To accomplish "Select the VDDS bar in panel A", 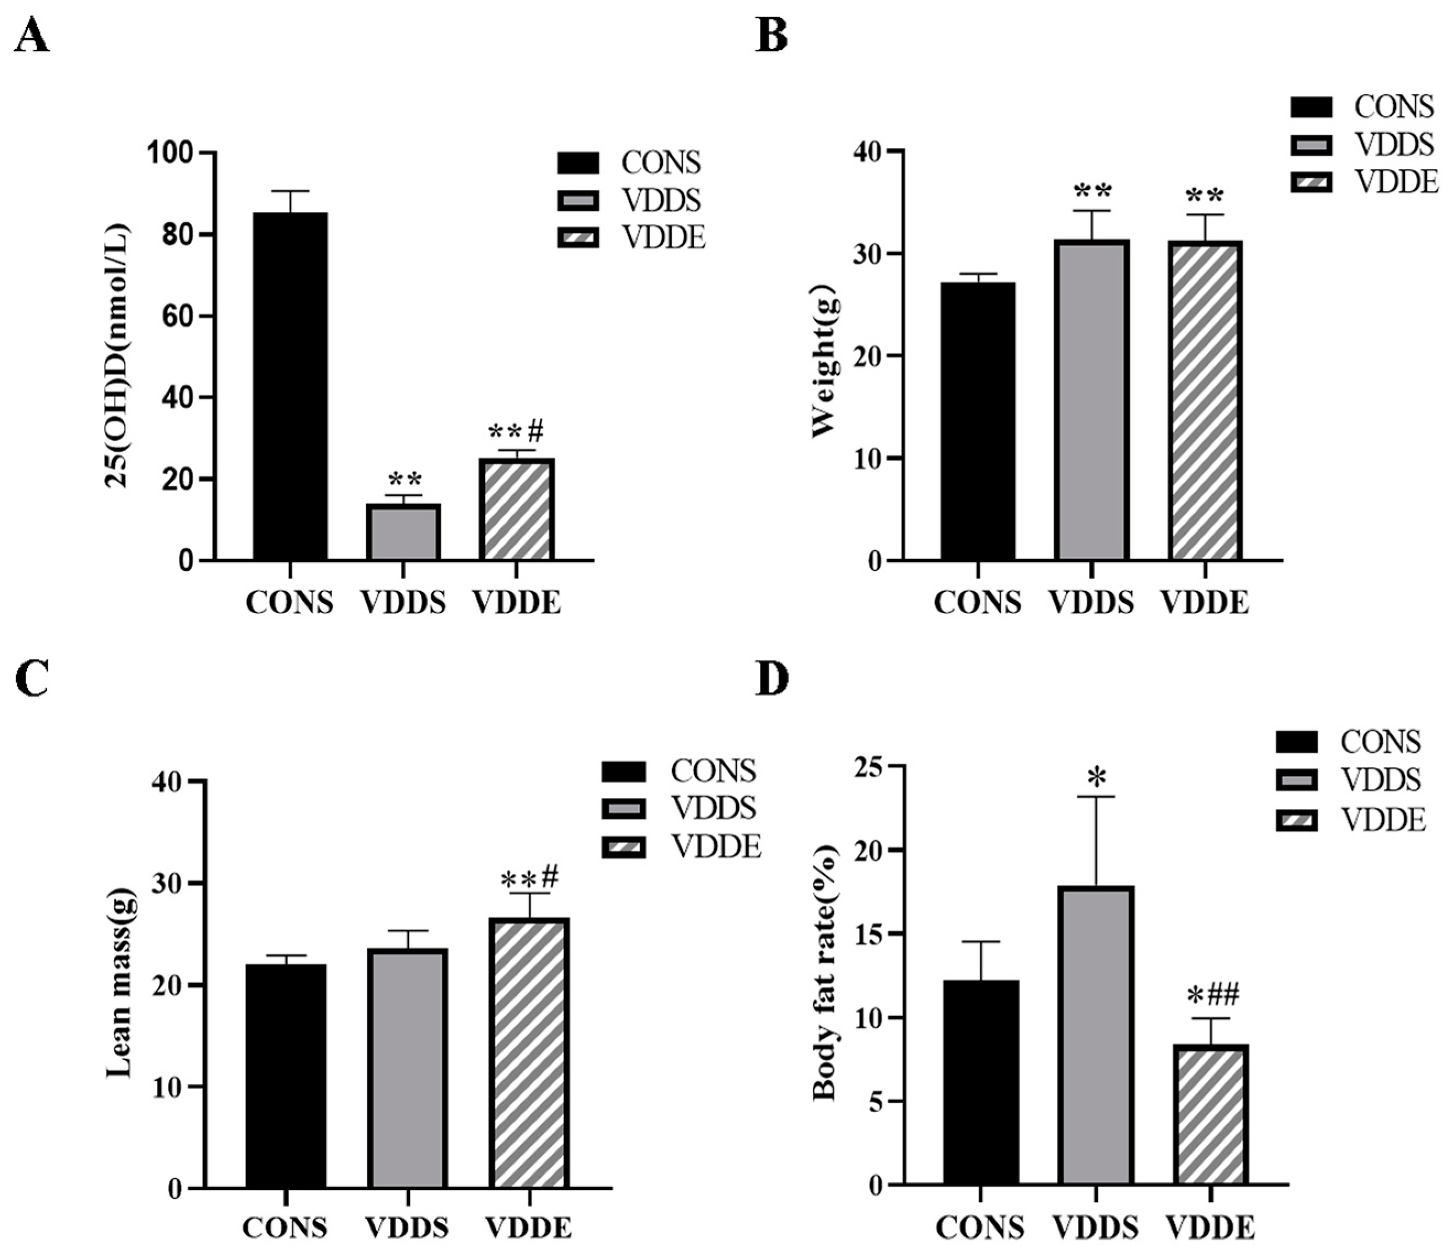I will coord(404,532).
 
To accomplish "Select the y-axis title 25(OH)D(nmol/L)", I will coord(118,356).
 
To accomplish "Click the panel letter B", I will coord(771,36).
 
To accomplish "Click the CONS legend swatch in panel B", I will coord(1311,107).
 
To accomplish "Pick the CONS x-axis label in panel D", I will coord(980,1227).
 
